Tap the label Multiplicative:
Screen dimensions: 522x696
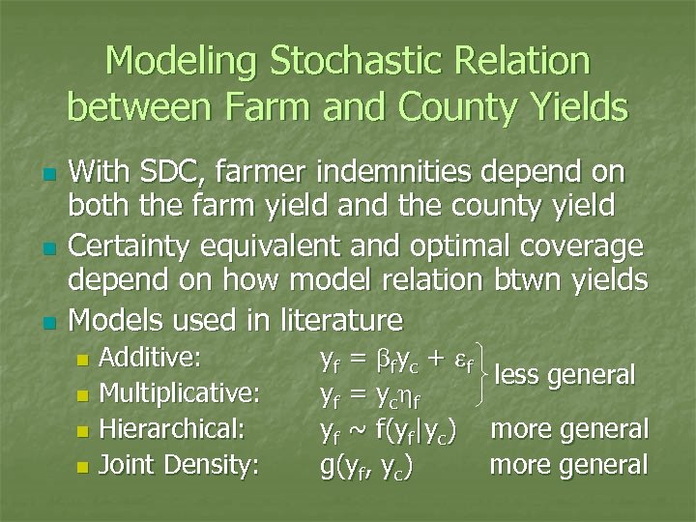[180, 393]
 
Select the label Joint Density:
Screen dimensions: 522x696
[179, 465]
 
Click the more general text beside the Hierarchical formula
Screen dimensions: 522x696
[569, 429]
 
